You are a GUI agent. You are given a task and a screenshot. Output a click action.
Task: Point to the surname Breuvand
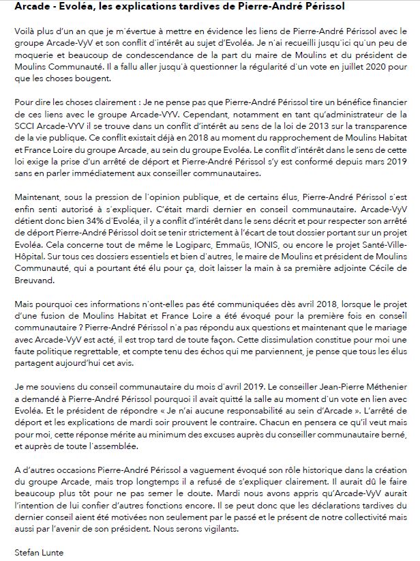click(33, 287)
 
